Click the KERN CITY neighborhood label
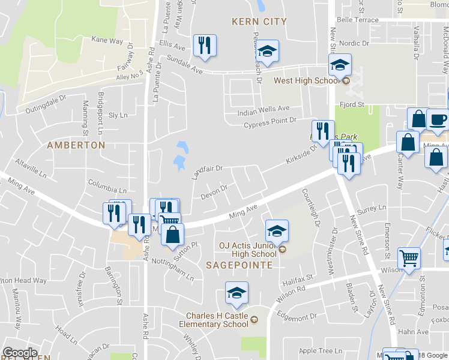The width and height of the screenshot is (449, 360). click(x=259, y=22)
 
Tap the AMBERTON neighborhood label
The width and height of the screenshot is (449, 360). click(x=76, y=145)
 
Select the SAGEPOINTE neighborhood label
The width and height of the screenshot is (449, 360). click(x=240, y=265)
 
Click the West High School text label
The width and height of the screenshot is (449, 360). click(x=306, y=81)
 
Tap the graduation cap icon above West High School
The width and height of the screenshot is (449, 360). click(x=340, y=65)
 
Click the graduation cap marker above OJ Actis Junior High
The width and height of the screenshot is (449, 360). click(x=277, y=231)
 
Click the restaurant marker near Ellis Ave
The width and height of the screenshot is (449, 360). click(x=205, y=46)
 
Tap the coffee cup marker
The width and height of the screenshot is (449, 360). click(x=438, y=118)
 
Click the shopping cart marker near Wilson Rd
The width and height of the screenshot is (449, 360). click(x=409, y=258)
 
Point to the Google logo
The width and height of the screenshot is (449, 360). click(x=20, y=353)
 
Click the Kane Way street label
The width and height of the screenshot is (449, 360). click(x=107, y=41)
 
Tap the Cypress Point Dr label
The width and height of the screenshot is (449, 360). click(x=270, y=121)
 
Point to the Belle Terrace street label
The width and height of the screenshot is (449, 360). click(x=358, y=20)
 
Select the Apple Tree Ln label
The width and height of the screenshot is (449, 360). click(x=320, y=351)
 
